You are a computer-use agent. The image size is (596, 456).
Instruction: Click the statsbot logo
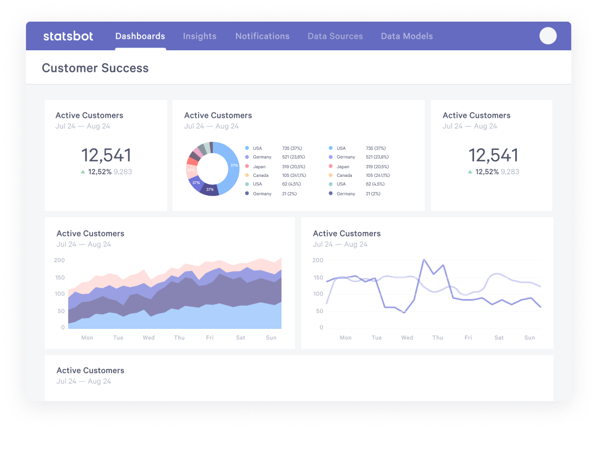[68, 36]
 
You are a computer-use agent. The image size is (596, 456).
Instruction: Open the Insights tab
[200, 36]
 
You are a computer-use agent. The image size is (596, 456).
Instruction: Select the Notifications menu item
[262, 36]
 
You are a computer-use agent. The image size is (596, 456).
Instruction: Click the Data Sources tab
[335, 36]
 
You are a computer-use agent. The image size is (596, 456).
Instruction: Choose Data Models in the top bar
[407, 36]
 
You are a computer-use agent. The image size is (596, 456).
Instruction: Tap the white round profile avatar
[548, 36]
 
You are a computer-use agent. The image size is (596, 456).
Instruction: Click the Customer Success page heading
[95, 68]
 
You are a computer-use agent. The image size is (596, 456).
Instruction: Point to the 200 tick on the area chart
[60, 260]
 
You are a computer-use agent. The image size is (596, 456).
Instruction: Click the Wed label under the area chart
[148, 338]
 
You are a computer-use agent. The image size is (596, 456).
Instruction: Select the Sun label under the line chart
[529, 338]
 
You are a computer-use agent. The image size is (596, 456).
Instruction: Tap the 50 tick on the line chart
[318, 311]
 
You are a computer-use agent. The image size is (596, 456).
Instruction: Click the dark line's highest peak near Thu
[423, 260]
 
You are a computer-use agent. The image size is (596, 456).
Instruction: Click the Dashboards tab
[140, 36]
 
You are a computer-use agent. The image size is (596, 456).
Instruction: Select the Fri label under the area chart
[209, 338]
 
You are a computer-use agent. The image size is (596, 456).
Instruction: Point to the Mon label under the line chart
[345, 338]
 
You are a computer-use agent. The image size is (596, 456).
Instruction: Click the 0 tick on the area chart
[63, 328]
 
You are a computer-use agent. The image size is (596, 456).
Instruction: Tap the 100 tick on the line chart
[318, 294]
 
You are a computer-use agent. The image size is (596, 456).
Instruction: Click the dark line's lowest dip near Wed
[404, 312]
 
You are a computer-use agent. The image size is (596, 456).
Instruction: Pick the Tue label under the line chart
[376, 338]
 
